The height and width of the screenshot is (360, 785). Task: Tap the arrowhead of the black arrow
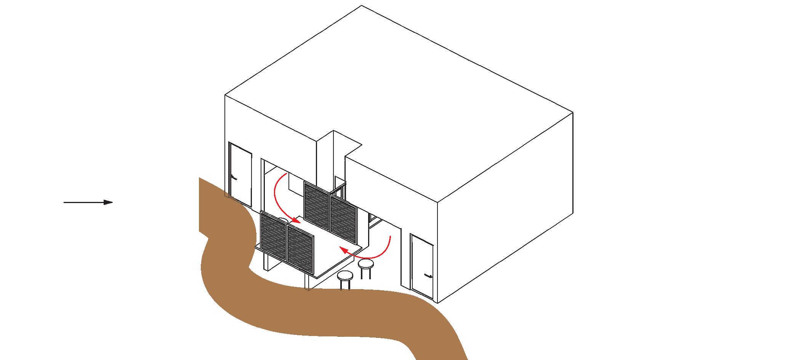pyautogui.click(x=109, y=202)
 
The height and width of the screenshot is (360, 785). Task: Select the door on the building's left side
pyautogui.click(x=240, y=174)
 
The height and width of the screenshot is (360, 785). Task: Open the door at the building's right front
pyautogui.click(x=422, y=266)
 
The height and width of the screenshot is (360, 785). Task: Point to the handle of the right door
pyautogui.click(x=429, y=276)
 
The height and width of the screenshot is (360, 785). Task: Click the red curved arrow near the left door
pyautogui.click(x=281, y=198)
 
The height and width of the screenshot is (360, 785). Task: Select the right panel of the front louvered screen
pyautogui.click(x=300, y=250)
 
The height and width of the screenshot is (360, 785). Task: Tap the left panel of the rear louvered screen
pyautogui.click(x=316, y=206)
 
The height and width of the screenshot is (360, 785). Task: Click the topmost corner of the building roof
pyautogui.click(x=361, y=6)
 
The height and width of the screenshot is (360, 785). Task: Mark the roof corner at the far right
pyautogui.click(x=573, y=113)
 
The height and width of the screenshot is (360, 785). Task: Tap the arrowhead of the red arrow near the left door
pyautogui.click(x=296, y=220)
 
